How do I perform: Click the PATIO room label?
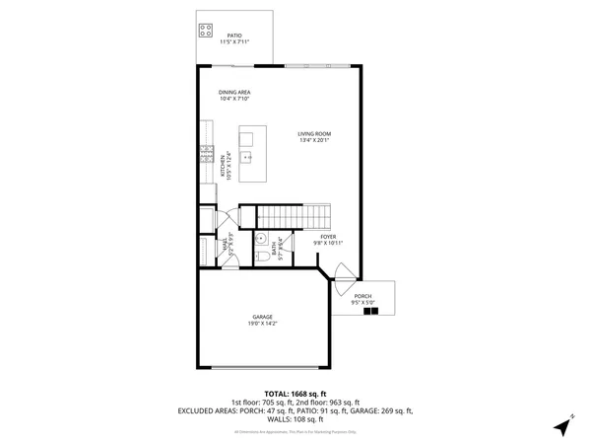234,36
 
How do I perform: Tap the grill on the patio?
207,30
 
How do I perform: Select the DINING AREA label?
234,92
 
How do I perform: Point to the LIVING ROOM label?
315,134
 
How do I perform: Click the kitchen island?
251,156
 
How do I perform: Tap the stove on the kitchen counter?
208,153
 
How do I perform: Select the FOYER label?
328,237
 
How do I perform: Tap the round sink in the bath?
261,238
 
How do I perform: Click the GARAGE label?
262,317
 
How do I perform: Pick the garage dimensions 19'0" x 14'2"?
262,324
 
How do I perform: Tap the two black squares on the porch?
370,312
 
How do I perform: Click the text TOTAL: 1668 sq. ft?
295,394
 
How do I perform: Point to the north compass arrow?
564,427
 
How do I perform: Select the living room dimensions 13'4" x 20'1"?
315,141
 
